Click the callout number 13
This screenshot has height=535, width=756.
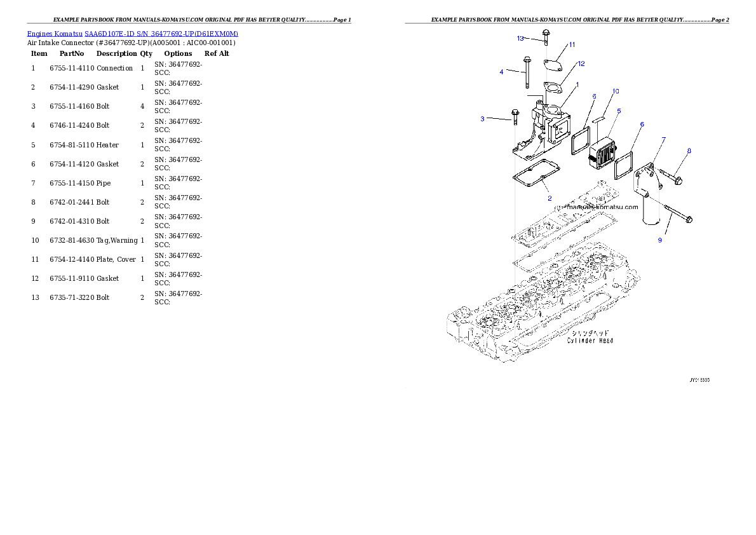(x=520, y=38)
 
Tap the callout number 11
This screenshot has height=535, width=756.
(x=572, y=44)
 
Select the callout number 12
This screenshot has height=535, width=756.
(x=581, y=64)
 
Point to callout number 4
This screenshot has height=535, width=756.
(x=501, y=72)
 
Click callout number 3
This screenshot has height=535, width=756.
(x=482, y=119)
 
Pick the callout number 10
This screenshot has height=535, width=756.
(x=616, y=91)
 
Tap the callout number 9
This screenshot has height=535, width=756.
(x=660, y=240)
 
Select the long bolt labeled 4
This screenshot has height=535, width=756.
(x=527, y=73)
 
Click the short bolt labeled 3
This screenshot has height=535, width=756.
(x=515, y=118)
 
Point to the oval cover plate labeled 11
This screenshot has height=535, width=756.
(x=551, y=64)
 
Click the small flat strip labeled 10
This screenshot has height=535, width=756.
(x=601, y=118)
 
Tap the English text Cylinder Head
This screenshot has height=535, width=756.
(x=590, y=341)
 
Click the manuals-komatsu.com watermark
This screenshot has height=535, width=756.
(x=597, y=207)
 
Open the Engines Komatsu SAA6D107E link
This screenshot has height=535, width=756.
(x=132, y=34)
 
